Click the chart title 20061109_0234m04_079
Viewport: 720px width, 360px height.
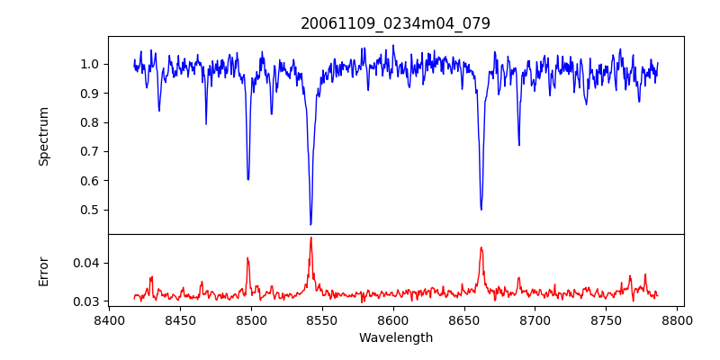[395, 23]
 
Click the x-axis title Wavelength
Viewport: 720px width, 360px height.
[395, 337]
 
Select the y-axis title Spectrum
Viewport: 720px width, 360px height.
[43, 136]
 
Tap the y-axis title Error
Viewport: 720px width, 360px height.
[43, 270]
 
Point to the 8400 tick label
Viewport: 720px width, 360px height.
[109, 319]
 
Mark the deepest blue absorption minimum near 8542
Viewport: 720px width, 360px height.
[310, 224]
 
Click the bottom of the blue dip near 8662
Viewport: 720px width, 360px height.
[481, 210]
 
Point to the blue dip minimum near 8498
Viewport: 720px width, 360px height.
[248, 180]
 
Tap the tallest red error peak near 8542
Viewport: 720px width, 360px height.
[310, 238]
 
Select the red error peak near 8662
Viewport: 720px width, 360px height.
[481, 247]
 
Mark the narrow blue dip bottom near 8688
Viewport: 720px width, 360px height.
[518, 145]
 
